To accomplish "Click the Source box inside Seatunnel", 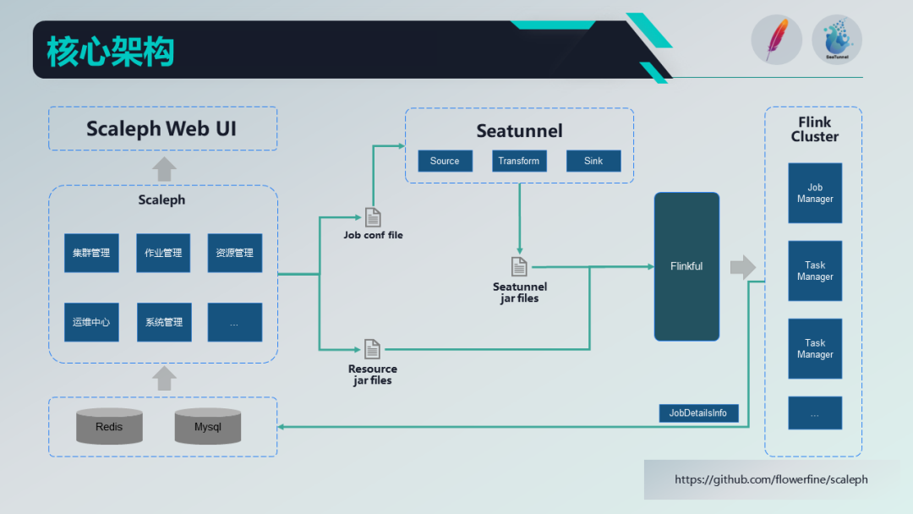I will pos(445,161).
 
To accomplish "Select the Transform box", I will pos(519,161).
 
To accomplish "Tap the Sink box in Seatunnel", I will pos(593,161).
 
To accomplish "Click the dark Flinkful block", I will pos(686,266).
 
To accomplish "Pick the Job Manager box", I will pos(815,194).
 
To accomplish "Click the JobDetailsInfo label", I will pos(698,413).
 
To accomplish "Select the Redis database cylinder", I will pos(109,427).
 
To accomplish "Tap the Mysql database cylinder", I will pos(208,427).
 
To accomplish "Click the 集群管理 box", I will pos(91,253).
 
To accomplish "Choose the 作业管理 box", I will pos(163,253).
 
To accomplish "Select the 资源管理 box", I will pos(234,253).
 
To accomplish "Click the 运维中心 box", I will pos(91,322).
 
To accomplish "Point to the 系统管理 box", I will pos(163,322).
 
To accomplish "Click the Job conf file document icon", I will pos(373,217).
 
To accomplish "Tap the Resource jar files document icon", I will pos(372,349).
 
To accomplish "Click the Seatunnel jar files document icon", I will pos(519,267).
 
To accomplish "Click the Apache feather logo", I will pos(775,40).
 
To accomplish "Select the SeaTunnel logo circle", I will pos(837,40).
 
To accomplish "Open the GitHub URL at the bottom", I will pos(771,479).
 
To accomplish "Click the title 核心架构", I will pos(110,51).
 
